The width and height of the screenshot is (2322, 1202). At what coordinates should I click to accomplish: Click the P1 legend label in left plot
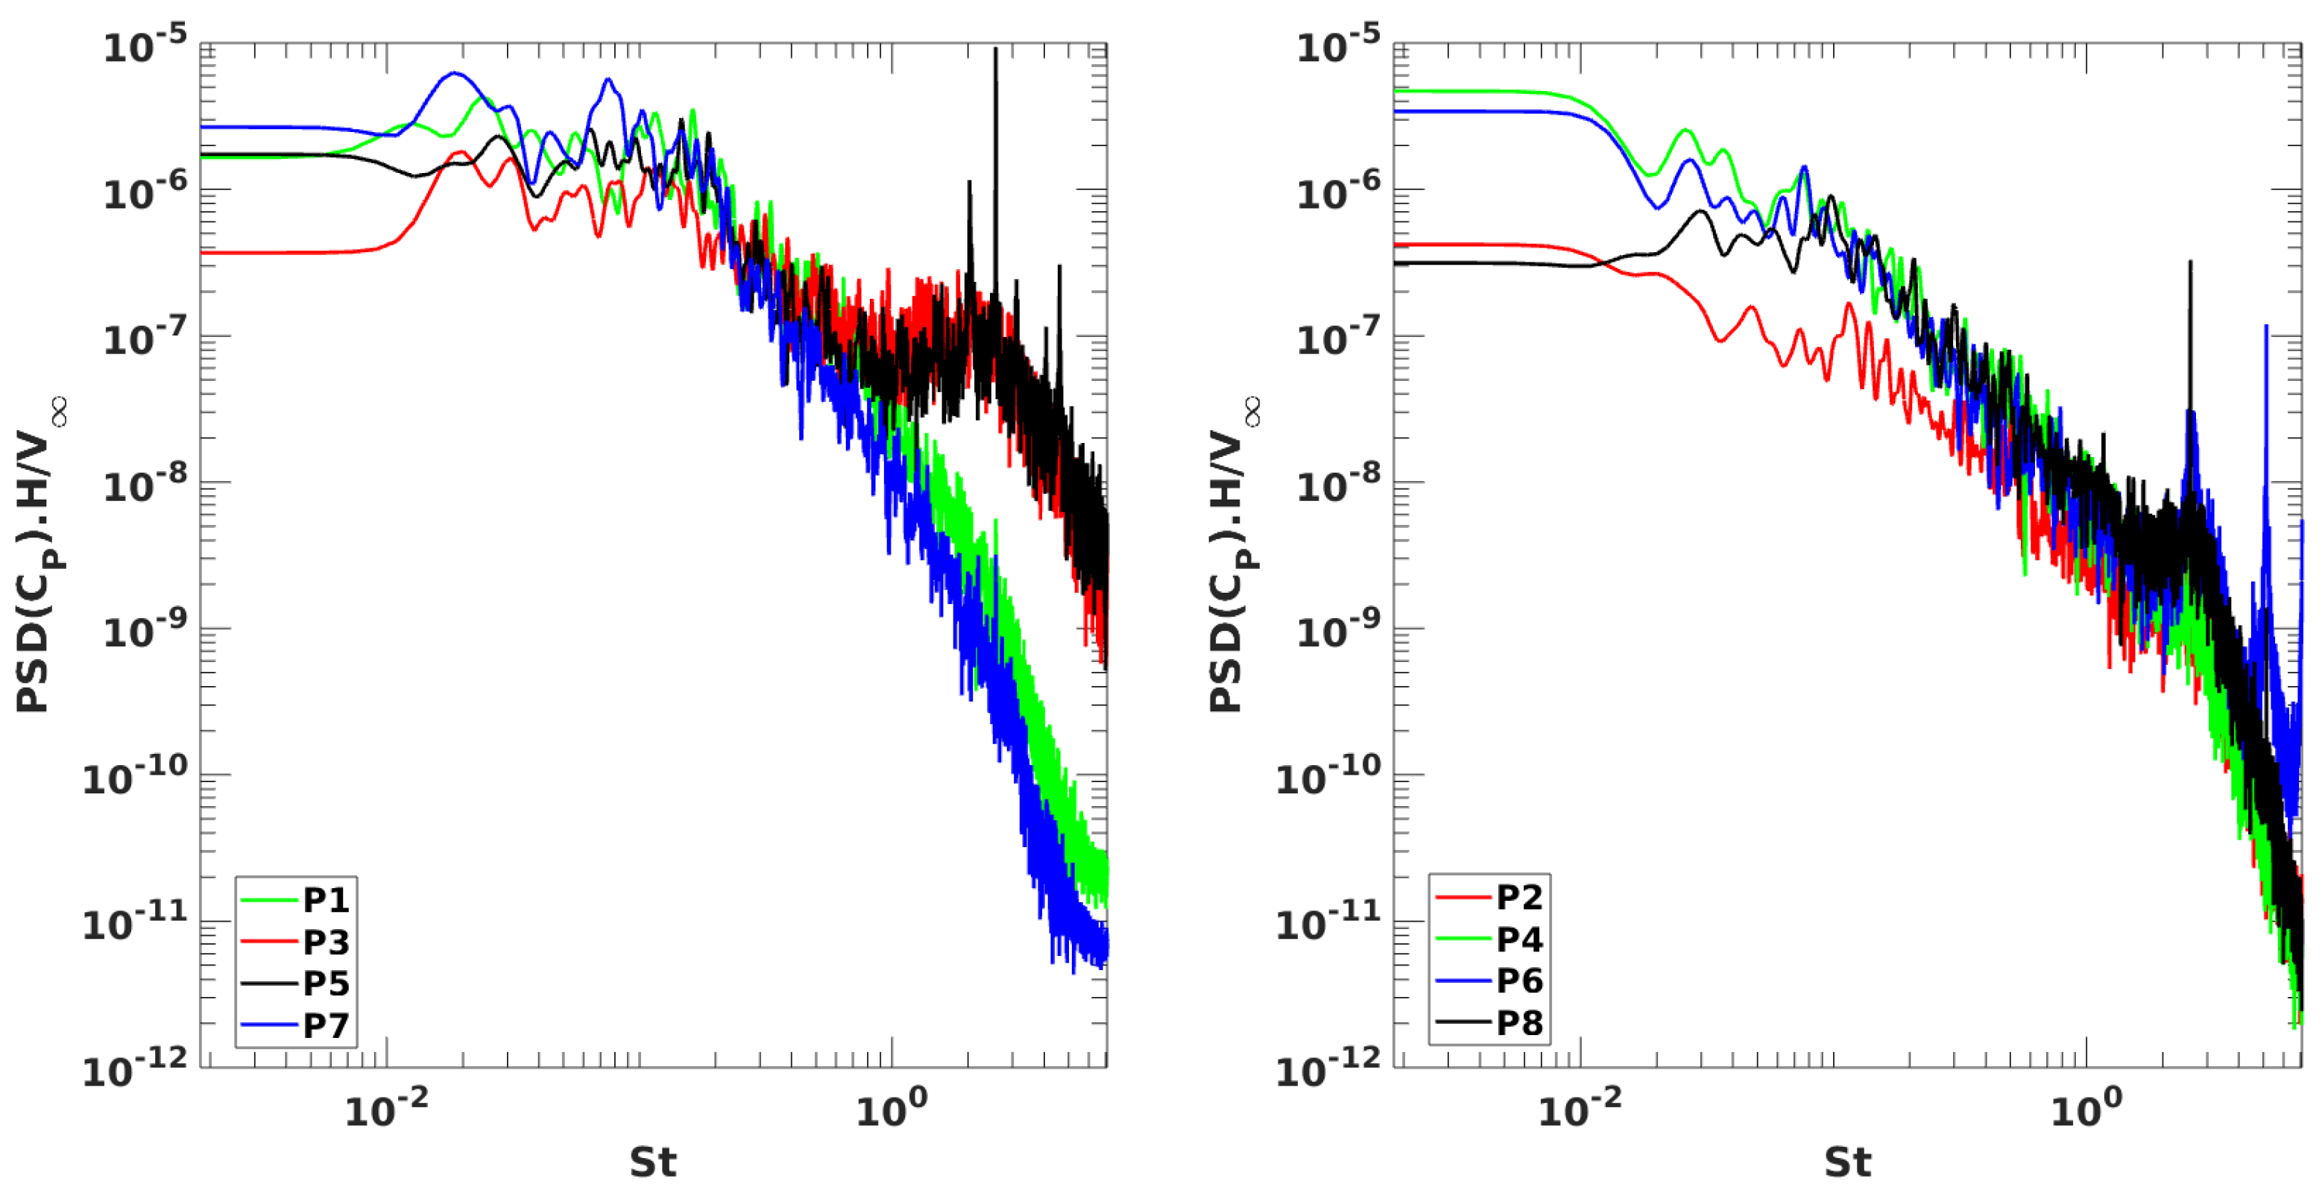(x=326, y=900)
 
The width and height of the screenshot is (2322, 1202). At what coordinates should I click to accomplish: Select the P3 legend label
(x=326, y=942)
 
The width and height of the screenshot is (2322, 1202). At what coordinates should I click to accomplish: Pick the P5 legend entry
(x=326, y=983)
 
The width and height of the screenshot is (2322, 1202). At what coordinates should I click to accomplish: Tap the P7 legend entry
(x=326, y=1025)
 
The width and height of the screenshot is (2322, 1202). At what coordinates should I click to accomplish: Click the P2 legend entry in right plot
(x=1519, y=897)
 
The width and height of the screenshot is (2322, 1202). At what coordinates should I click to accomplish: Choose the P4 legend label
(x=1519, y=940)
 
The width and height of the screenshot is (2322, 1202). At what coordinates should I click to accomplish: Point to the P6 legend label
(x=1519, y=981)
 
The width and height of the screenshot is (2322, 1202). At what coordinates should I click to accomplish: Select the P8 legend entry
(x=1519, y=1024)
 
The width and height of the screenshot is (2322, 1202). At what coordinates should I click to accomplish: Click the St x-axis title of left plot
(x=652, y=1162)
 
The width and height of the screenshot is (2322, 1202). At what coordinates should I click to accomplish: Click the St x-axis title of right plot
(x=1847, y=1162)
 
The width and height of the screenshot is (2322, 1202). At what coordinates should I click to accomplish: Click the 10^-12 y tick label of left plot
(x=135, y=1069)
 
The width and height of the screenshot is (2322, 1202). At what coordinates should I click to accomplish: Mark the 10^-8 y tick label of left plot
(x=144, y=486)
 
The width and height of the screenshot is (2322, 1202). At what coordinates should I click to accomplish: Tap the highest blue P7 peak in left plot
(x=455, y=74)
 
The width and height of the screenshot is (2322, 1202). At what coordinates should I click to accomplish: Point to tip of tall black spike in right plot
(x=2190, y=262)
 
